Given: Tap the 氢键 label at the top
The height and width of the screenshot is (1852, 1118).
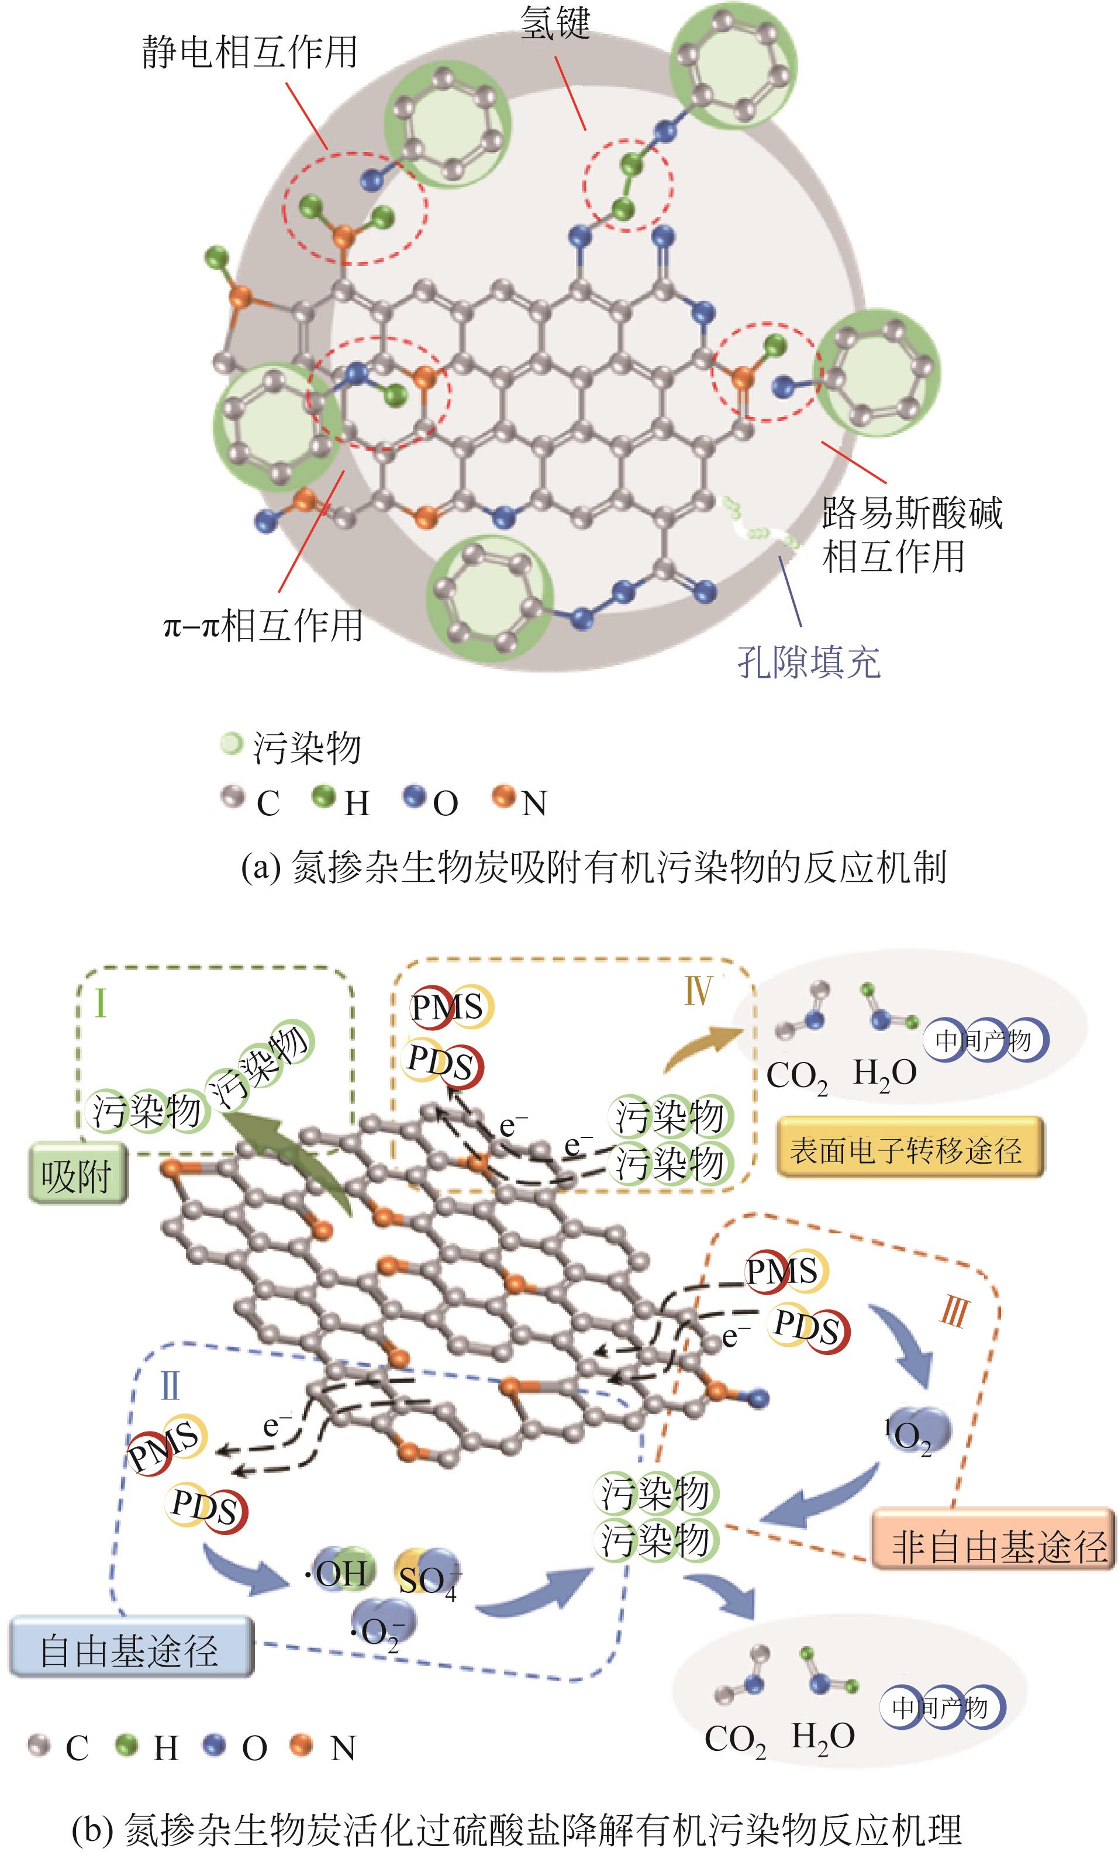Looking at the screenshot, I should coord(555,23).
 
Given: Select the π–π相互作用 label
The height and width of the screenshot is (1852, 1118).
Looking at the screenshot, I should coord(263,625).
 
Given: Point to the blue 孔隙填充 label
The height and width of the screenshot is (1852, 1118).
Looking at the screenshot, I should coord(809,662).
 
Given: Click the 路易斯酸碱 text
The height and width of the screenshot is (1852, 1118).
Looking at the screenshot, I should coord(912,513).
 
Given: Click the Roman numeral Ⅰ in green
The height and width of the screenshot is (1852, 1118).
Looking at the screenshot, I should coord(101,1003).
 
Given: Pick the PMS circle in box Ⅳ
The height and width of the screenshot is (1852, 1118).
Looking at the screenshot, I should coord(448,1007).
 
